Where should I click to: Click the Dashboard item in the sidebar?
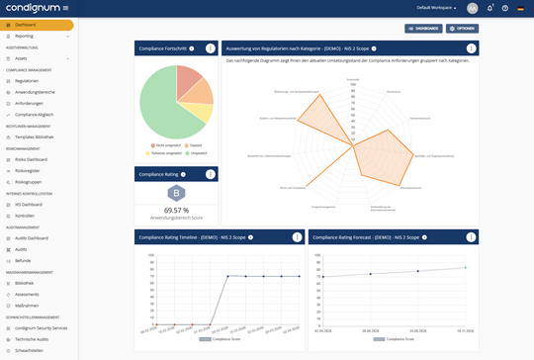(x=26, y=24)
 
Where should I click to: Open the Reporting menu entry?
(x=26, y=36)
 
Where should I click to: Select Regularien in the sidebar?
(x=28, y=81)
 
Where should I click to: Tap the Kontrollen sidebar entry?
(x=27, y=215)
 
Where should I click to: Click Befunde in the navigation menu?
(x=25, y=260)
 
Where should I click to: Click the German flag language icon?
(x=520, y=8)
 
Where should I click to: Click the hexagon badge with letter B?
(x=176, y=192)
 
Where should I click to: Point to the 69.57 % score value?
(x=176, y=210)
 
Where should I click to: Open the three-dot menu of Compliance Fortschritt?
(x=210, y=48)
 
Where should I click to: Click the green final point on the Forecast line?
(x=466, y=267)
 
